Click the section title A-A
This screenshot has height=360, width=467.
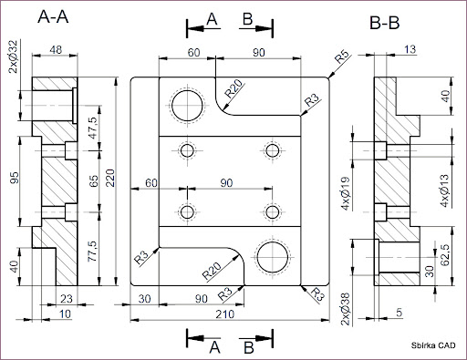pyautogui.click(x=53, y=17)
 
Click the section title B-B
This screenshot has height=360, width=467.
pyautogui.click(x=384, y=23)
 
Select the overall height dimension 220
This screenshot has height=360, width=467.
pyautogui.click(x=110, y=178)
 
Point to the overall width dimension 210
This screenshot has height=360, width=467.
pyautogui.click(x=225, y=314)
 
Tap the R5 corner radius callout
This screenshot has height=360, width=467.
pyautogui.click(x=342, y=57)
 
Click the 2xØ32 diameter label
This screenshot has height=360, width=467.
pyautogui.click(x=14, y=57)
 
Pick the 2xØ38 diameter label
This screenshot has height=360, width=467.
pyautogui.click(x=346, y=309)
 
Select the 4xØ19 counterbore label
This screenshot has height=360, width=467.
pyautogui.click(x=346, y=193)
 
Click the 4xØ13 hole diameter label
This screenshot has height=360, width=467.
pyautogui.click(x=445, y=190)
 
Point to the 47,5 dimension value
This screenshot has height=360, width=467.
pyautogui.click(x=93, y=128)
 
